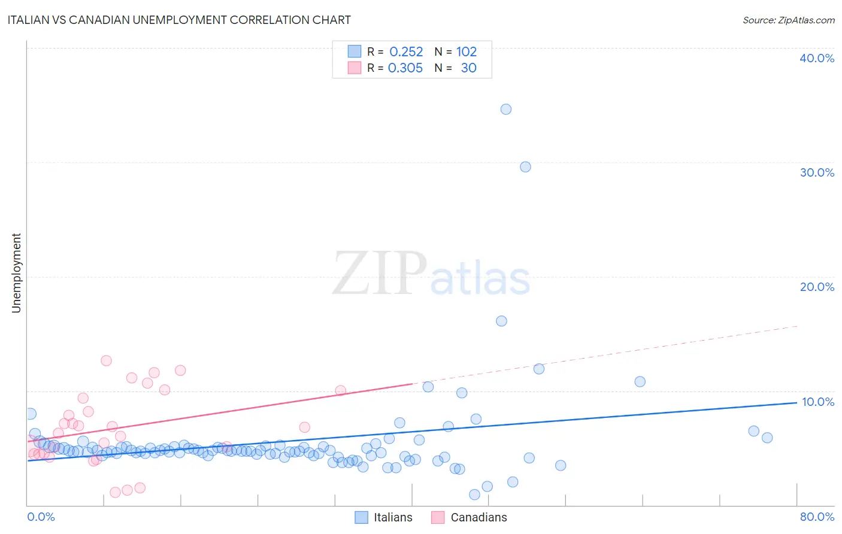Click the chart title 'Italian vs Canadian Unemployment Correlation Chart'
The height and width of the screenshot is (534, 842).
pyautogui.click(x=179, y=20)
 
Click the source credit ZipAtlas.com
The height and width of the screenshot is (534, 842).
pyautogui.click(x=788, y=20)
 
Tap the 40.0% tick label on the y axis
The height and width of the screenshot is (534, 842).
pyautogui.click(x=817, y=58)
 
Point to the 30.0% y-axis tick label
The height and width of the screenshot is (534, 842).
pyautogui.click(x=817, y=172)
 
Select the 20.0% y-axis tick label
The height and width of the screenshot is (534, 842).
pyautogui.click(x=817, y=287)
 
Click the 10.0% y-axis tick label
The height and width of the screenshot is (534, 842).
pyautogui.click(x=818, y=402)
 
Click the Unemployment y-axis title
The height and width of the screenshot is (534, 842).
pyautogui.click(x=16, y=273)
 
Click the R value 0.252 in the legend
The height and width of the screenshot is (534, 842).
pyautogui.click(x=406, y=52)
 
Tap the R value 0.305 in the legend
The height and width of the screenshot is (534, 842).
pyautogui.click(x=405, y=68)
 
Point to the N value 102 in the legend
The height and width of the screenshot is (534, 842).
pyautogui.click(x=467, y=52)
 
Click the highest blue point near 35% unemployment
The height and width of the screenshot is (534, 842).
pyautogui.click(x=506, y=109)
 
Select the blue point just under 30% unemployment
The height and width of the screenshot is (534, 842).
pyautogui.click(x=525, y=167)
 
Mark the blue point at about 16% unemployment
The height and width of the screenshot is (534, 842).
pyautogui.click(x=502, y=321)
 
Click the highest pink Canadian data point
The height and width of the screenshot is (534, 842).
pyautogui.click(x=106, y=360)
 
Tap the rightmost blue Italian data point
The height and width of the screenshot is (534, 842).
pyautogui.click(x=767, y=438)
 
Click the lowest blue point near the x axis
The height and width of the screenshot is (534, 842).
pyautogui.click(x=474, y=494)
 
